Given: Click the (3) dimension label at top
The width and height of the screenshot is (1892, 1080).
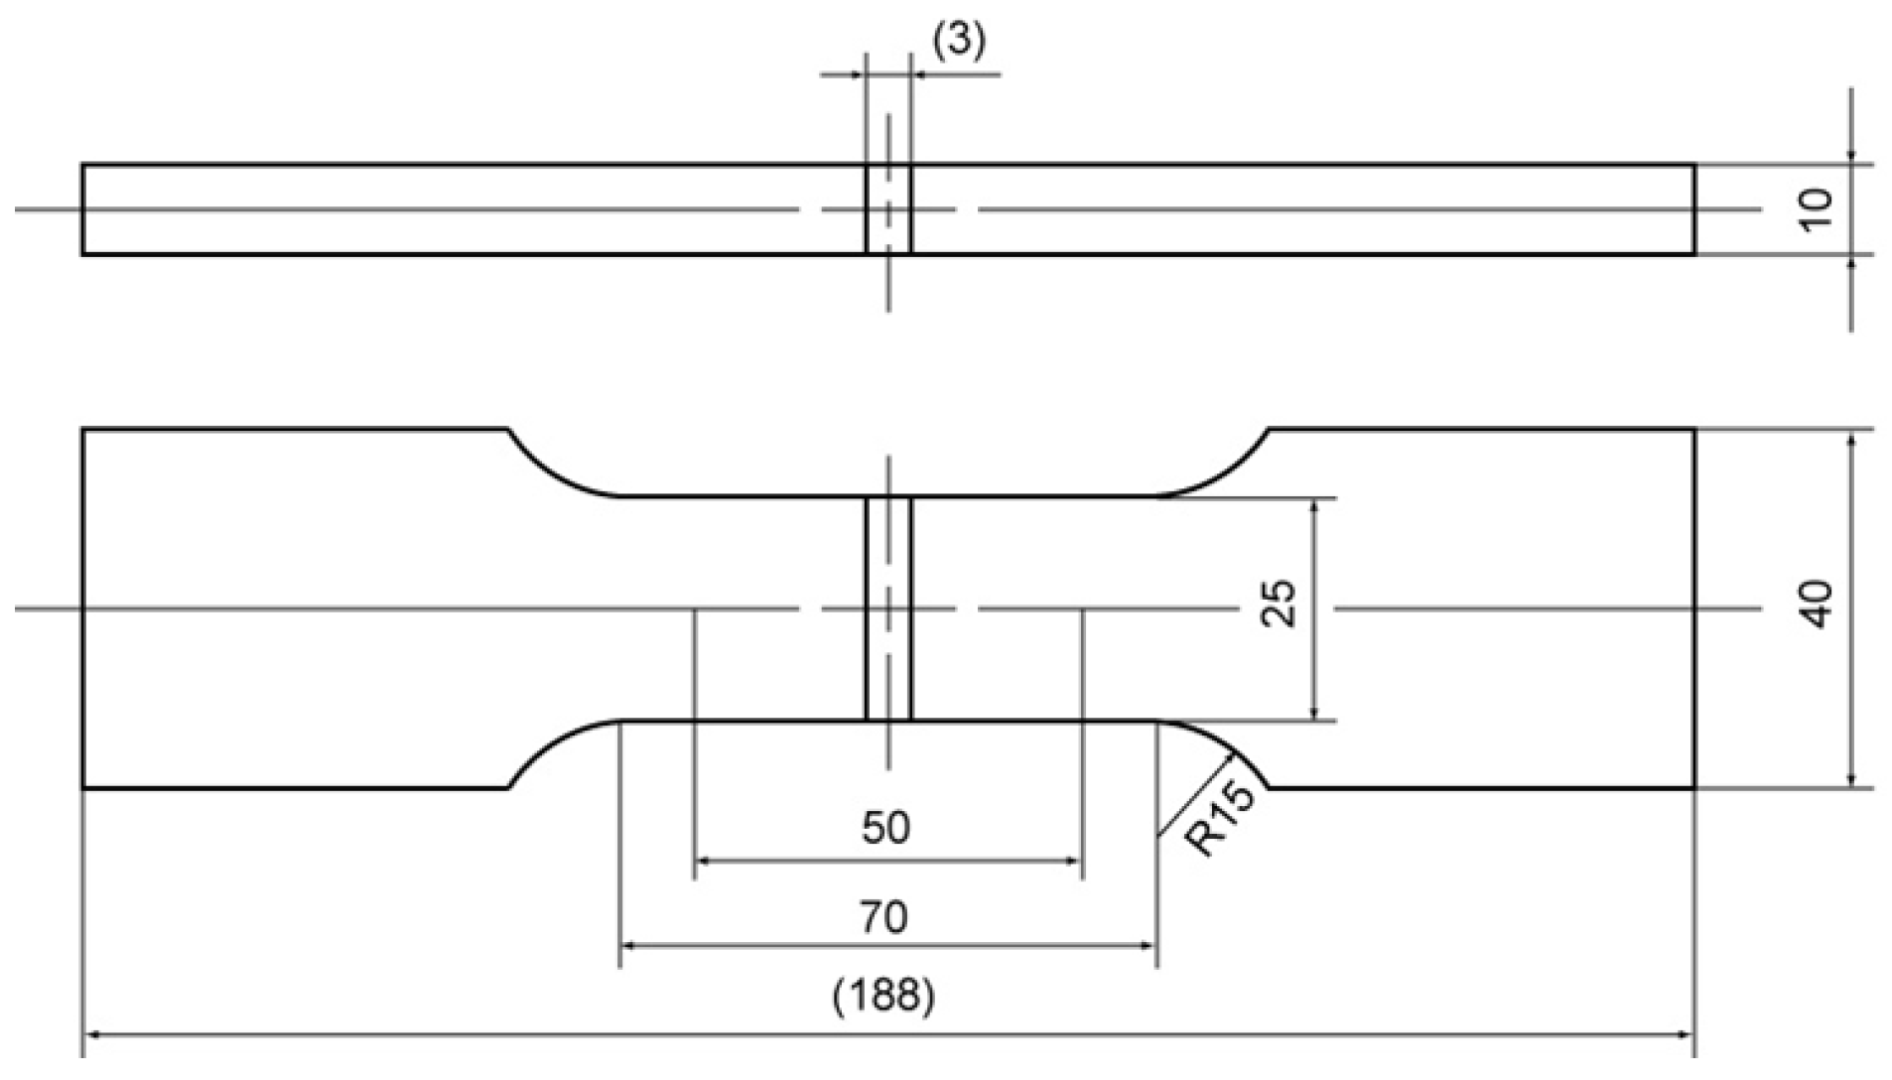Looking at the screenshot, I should coord(958,42).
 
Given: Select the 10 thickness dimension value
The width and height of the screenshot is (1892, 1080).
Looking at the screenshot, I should coord(1816,209).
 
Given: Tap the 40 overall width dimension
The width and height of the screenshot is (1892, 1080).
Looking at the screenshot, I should coord(1816,604).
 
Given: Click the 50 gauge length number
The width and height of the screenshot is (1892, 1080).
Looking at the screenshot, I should coord(885,828).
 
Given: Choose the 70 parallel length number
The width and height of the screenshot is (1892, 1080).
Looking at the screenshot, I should coord(883,917).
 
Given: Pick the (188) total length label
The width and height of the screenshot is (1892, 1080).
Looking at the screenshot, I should coord(883,995).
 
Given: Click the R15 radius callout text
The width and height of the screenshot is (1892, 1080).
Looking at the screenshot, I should coord(1222,820).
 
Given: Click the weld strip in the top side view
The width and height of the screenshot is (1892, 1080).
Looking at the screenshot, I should coord(887,209).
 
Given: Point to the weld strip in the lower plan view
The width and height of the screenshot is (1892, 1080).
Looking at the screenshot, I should coord(887,608).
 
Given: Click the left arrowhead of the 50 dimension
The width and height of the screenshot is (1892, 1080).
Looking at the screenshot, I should coord(701,862).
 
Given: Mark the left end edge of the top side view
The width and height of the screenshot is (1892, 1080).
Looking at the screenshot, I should coord(83,209).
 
